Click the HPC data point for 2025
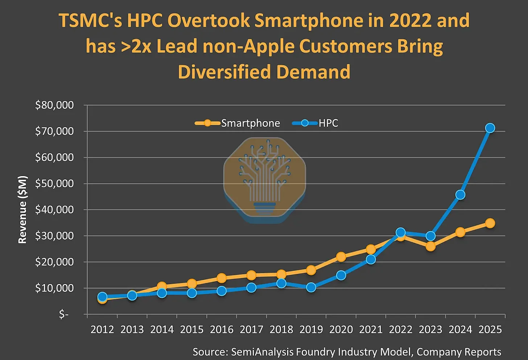tap(490, 128)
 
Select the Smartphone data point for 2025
tap(490, 223)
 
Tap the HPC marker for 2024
tap(460, 195)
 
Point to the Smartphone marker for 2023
tap(430, 246)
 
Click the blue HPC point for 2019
tap(311, 287)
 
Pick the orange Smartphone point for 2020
tap(341, 257)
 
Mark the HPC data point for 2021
tap(371, 259)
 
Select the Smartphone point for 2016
tap(222, 278)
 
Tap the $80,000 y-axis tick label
tap(54, 105)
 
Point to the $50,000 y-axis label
tap(54, 184)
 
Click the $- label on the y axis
tap(64, 314)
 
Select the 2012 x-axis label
tap(102, 330)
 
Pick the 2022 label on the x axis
tap(400, 330)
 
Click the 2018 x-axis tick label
tap(281, 330)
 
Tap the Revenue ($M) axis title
tap(22, 209)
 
